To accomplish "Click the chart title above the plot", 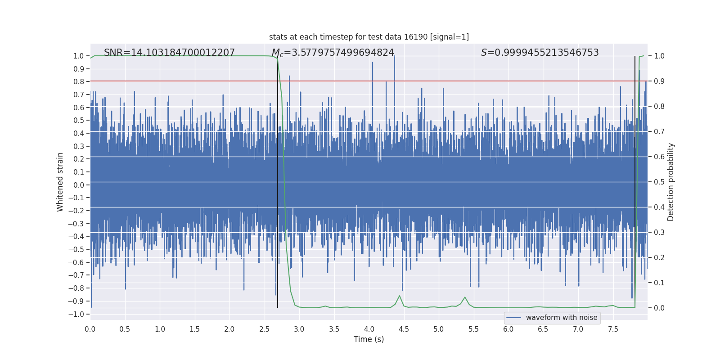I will (369, 37).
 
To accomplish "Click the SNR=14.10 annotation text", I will (169, 53).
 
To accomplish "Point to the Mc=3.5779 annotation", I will (333, 53).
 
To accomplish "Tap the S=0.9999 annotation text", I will (540, 53).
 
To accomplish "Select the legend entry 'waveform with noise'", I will (561, 318).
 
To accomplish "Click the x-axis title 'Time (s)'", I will (369, 339).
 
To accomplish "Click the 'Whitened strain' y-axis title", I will (60, 182).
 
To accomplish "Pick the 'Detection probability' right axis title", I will (671, 182).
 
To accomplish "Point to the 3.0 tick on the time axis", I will (299, 329).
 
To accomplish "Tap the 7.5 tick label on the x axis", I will (613, 329).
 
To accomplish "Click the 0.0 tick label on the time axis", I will (90, 329).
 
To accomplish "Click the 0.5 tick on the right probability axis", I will (659, 182).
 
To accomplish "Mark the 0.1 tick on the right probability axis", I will (659, 283).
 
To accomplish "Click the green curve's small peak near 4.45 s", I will (399, 296).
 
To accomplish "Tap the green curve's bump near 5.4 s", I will (465, 297).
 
